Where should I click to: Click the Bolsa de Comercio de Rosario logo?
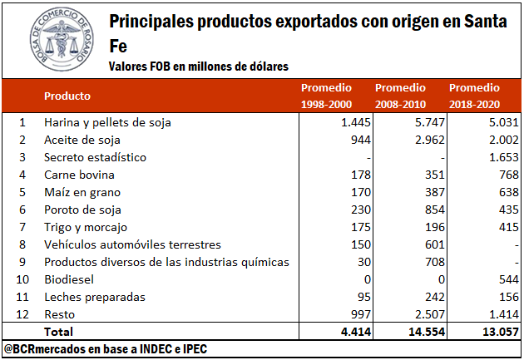click(x=52, y=40)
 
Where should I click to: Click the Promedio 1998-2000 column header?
click(x=326, y=96)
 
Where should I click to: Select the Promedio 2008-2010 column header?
click(x=401, y=96)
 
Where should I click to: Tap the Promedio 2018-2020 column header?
click(x=475, y=96)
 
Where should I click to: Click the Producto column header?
click(x=67, y=96)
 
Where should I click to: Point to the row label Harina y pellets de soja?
click(x=107, y=122)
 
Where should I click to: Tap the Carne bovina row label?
click(x=79, y=175)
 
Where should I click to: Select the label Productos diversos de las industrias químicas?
click(x=166, y=262)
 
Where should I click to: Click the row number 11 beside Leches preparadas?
click(x=23, y=297)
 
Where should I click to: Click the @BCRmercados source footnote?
click(x=105, y=349)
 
